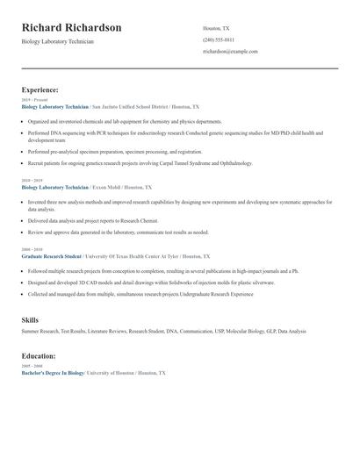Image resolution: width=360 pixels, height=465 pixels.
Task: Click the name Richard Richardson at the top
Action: (72, 27)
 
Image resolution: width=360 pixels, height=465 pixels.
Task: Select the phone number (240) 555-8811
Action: (219, 39)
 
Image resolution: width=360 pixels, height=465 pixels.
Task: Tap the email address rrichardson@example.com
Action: (230, 52)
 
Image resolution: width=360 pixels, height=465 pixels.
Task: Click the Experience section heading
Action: (40, 89)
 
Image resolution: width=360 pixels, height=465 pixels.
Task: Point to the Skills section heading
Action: (31, 320)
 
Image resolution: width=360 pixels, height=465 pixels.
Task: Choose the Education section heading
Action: (39, 356)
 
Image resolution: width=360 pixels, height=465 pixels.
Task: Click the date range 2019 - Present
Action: (33, 100)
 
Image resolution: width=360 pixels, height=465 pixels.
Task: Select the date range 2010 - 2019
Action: (32, 181)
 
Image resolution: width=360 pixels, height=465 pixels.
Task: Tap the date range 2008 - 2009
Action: (32, 250)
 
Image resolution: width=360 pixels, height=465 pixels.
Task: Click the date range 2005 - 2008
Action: (32, 366)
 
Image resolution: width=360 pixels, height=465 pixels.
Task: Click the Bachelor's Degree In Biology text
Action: (52, 373)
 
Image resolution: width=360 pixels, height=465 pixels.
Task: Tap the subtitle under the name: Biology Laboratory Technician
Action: (57, 41)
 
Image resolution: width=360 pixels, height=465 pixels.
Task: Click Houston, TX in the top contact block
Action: (216, 28)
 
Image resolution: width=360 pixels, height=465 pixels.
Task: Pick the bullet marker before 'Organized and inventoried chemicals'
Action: (24, 122)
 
